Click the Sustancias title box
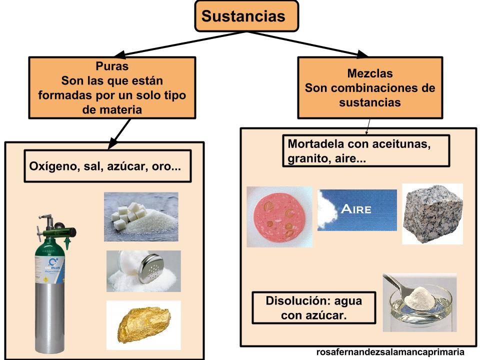coord(246,16)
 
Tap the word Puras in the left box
coord(112,66)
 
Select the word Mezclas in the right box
coord(370,73)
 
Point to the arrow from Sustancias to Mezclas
coord(307,43)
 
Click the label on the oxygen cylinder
coord(50,269)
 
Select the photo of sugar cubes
coord(141,216)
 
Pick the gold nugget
coord(144,325)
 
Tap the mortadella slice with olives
coord(279,216)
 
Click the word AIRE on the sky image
coord(356,209)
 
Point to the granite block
coord(432,213)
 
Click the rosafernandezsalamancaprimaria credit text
coord(390,352)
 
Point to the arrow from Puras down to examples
coord(119,134)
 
